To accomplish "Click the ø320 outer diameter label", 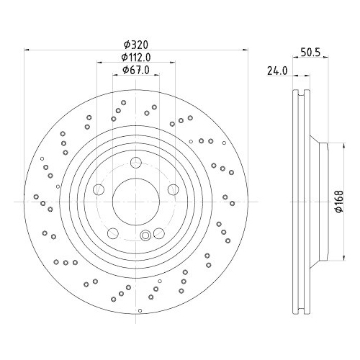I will point(135,44).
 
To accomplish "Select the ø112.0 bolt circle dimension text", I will point(135,57).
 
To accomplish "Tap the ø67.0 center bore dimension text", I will point(135,70).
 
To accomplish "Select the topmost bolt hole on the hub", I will point(135,163).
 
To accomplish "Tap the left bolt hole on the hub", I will point(99,189).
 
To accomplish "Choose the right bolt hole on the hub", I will point(173,189).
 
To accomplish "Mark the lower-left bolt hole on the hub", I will point(112,233).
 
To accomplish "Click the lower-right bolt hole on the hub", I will point(158,233).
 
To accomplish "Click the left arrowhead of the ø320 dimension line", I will point(28,50).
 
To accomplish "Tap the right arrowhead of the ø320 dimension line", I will point(242,50).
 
